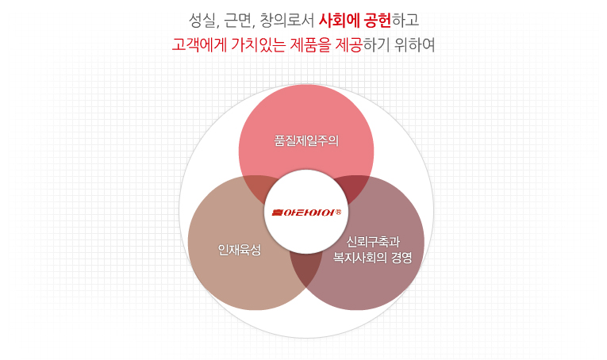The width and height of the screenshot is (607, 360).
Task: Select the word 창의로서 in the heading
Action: [x=287, y=21]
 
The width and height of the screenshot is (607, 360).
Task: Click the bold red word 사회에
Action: [x=339, y=21]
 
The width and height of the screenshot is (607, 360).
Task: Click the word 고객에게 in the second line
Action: [x=199, y=45]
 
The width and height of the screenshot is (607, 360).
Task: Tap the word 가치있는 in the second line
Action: [x=258, y=45]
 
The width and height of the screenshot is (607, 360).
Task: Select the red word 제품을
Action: [x=310, y=45]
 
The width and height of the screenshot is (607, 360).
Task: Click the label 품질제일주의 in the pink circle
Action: [x=306, y=141]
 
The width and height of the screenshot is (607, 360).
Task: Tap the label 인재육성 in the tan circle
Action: [x=240, y=250]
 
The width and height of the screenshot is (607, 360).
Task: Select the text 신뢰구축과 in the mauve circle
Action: [x=373, y=242]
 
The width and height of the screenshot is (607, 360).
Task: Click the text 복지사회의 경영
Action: [x=372, y=258]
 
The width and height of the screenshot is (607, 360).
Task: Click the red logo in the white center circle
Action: [x=306, y=213]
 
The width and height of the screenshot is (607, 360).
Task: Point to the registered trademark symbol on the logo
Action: [x=338, y=212]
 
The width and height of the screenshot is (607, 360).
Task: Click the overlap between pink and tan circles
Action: [x=257, y=188]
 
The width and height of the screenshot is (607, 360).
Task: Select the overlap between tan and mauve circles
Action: [x=305, y=269]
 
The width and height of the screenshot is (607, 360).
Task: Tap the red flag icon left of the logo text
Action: [x=278, y=213]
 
